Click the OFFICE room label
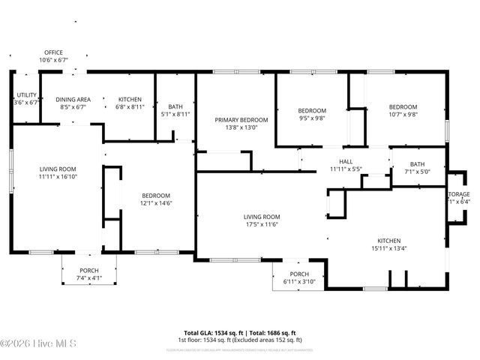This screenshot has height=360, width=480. [x=53, y=52]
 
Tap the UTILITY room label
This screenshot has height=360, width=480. [x=27, y=95]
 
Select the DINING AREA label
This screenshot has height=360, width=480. [x=74, y=99]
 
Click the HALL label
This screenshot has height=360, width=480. [x=346, y=161]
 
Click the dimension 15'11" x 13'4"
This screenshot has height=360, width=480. [x=388, y=248]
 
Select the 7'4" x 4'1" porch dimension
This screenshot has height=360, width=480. [x=88, y=278]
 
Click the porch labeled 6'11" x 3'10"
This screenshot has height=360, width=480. [x=299, y=281]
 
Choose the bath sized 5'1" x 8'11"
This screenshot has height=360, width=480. [x=175, y=115]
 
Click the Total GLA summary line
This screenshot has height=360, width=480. [x=240, y=332]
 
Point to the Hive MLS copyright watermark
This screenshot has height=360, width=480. [x=37, y=343]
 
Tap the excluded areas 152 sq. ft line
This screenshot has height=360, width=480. [x=240, y=340]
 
